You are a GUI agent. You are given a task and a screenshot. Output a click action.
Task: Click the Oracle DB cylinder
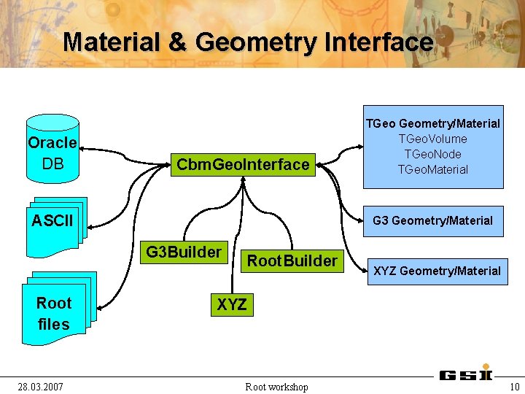point(52,150)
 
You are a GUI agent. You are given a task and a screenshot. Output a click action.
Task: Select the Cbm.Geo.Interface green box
point(243,164)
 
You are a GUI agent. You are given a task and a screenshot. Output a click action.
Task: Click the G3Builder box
point(184,252)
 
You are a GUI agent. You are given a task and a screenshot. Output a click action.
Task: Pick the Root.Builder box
point(292,260)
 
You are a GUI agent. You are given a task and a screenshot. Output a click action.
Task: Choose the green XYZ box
point(232,304)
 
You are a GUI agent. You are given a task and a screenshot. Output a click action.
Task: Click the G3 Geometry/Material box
point(432,220)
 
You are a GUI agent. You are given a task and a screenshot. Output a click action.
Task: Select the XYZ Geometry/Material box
point(437,271)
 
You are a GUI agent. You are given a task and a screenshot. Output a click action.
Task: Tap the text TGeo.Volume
point(432,139)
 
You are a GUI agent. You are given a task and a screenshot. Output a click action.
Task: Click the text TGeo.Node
point(432,154)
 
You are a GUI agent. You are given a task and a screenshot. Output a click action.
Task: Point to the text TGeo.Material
point(432,169)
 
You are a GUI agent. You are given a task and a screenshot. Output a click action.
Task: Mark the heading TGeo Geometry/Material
point(432,123)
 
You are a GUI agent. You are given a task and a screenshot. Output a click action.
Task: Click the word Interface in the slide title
point(378,42)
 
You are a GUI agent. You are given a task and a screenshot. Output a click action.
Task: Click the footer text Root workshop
point(276,386)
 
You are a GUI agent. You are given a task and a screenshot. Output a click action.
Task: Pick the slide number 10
point(515,386)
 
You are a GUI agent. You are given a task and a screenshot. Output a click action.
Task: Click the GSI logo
point(466,375)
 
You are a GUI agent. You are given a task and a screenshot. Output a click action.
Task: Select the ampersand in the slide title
point(178,42)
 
